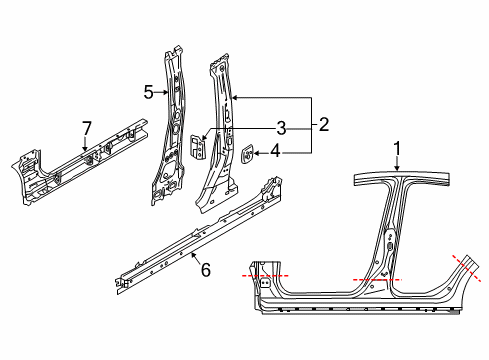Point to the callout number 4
(x=274, y=153)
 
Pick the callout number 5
(x=147, y=93)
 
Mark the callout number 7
(x=87, y=126)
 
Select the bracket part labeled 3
(x=198, y=148)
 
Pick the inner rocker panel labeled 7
(x=80, y=166)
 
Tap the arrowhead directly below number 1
(x=397, y=170)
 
